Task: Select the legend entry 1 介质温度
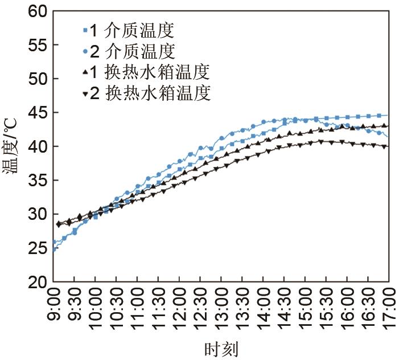[131, 29]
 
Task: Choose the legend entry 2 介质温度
[131, 51]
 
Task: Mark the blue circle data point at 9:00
[54, 242]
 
